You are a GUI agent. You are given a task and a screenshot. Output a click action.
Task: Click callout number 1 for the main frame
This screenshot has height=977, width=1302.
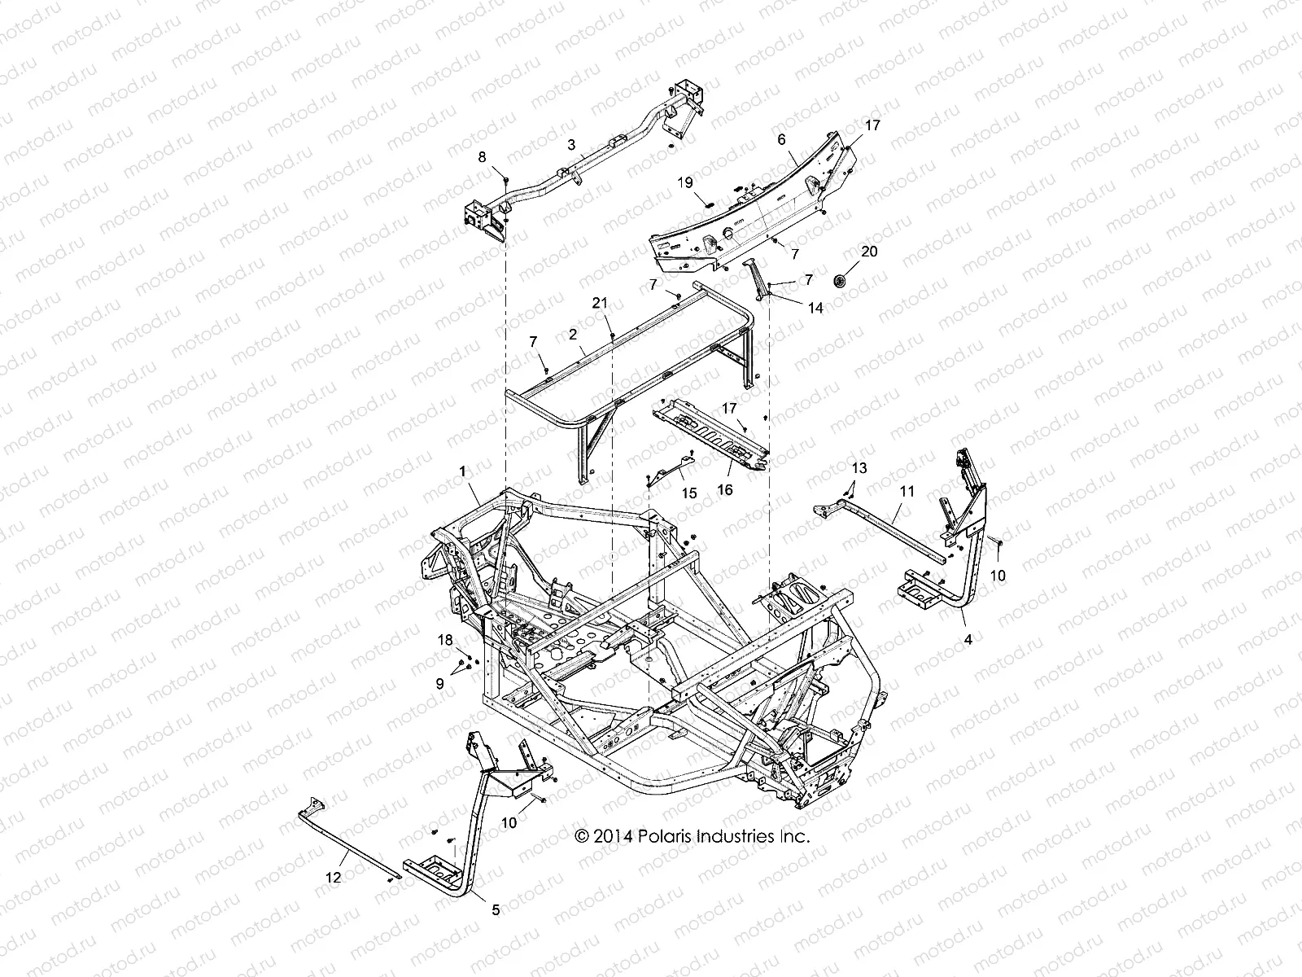[x=462, y=471]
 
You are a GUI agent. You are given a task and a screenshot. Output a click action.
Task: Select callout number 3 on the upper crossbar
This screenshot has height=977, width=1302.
[x=594, y=144]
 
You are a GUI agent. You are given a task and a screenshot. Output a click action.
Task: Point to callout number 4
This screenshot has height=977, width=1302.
[x=968, y=640]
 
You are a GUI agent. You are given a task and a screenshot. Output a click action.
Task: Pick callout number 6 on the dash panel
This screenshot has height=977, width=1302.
[x=781, y=139]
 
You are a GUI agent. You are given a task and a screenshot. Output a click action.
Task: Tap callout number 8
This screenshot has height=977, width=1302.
[x=482, y=157]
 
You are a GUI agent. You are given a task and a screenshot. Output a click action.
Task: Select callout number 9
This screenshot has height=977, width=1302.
[x=440, y=685]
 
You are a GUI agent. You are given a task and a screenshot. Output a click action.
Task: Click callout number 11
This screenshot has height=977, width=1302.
[x=907, y=492]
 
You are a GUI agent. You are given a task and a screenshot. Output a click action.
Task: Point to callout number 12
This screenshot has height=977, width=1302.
[x=334, y=877]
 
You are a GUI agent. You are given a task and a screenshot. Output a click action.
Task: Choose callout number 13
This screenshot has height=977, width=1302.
[x=859, y=468]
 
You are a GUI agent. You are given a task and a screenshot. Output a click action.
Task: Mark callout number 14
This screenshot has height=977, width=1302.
[x=815, y=308]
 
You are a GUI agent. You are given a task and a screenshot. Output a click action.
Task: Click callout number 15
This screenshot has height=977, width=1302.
[x=689, y=493]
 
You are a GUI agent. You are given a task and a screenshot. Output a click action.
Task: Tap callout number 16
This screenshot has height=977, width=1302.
[x=725, y=489]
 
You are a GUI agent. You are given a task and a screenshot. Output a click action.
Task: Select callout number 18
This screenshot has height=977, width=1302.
[x=445, y=641]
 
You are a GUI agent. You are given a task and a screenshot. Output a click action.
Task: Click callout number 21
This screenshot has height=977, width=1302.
[x=600, y=303]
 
